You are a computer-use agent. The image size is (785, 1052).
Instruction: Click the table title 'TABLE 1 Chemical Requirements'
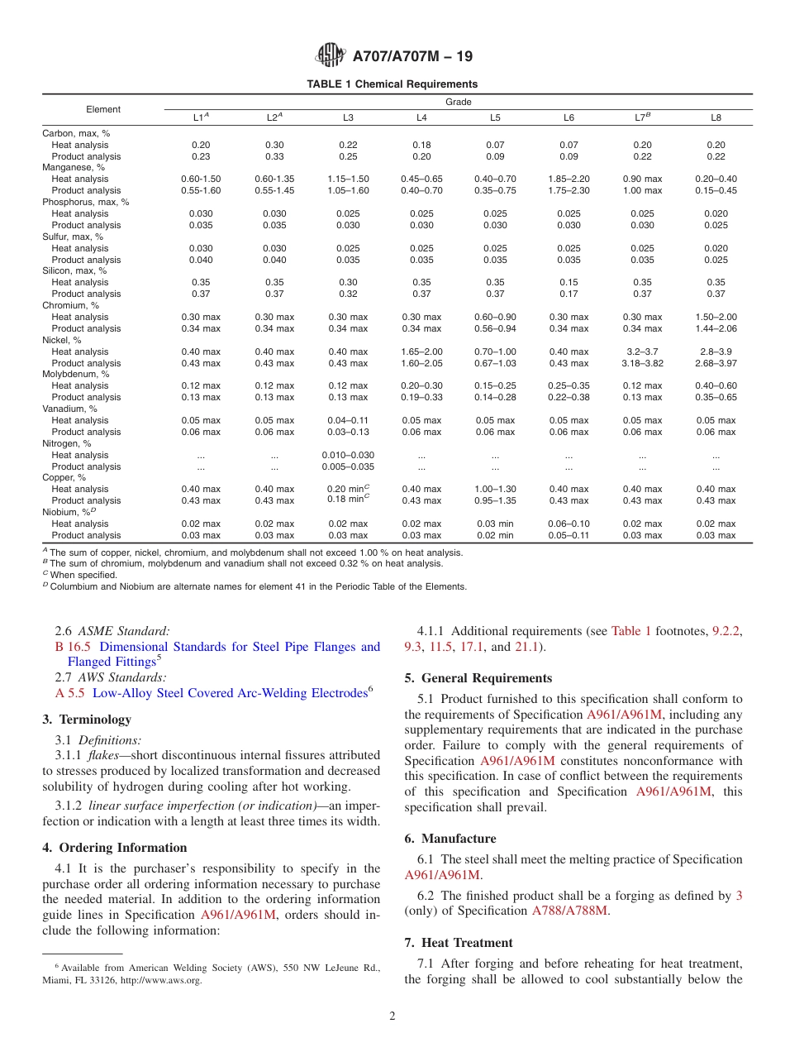coord(392,84)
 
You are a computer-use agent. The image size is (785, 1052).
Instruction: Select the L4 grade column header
coord(421,118)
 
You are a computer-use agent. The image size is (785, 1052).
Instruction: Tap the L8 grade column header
coord(716,118)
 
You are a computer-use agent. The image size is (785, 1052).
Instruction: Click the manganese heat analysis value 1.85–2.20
coord(569,179)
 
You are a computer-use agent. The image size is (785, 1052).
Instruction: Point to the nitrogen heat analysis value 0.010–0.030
coord(348,455)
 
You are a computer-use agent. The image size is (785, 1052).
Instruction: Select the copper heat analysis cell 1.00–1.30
coord(495,489)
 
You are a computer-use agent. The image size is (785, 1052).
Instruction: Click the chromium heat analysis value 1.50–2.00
coord(716,317)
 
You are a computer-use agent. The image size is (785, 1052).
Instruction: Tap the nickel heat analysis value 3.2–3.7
coord(642,351)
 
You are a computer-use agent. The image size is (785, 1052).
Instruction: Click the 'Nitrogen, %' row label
coord(65,443)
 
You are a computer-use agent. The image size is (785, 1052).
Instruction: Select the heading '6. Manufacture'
coord(450,839)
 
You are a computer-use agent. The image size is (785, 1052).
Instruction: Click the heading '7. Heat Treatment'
coord(459,943)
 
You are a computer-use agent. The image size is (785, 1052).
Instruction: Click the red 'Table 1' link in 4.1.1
coord(630,631)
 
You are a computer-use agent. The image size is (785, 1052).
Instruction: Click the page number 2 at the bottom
coord(392,1016)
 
